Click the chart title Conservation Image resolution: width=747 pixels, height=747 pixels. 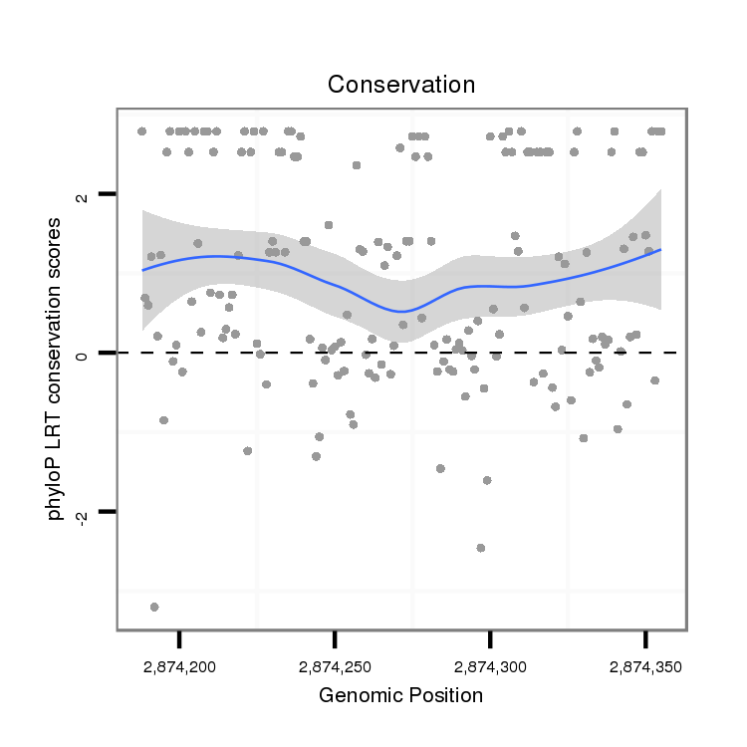[401, 84]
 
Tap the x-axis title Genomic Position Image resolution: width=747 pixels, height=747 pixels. [401, 696]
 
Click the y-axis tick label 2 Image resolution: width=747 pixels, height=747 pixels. [84, 194]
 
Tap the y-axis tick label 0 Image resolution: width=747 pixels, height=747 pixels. [84, 353]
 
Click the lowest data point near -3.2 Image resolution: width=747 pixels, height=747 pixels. [154, 607]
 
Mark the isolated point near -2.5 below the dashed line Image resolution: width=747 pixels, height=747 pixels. [481, 548]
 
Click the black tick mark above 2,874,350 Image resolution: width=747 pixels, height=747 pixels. [646, 636]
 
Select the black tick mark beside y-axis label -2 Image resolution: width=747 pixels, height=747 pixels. [109, 511]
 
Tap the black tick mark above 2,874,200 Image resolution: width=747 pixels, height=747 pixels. [180, 636]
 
